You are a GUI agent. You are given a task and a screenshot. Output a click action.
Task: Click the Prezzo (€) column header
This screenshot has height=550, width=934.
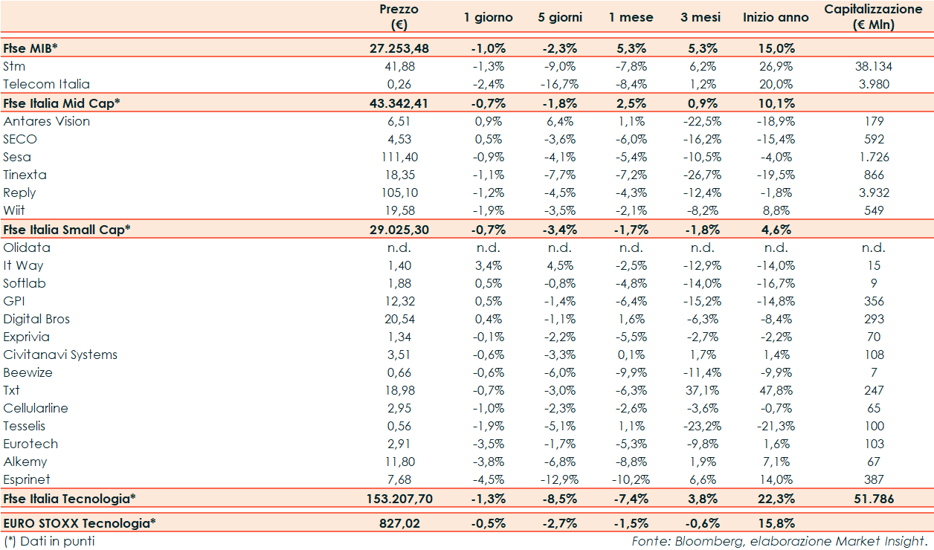pyautogui.click(x=399, y=17)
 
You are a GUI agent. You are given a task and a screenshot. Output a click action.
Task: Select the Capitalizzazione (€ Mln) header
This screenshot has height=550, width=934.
pyautogui.click(x=873, y=17)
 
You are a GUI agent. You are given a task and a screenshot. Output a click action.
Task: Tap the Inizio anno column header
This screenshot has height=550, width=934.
pyautogui.click(x=776, y=17)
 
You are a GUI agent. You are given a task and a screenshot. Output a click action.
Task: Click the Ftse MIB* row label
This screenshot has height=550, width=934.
pyautogui.click(x=30, y=48)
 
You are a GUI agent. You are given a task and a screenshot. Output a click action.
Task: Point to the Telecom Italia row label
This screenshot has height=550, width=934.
pyautogui.click(x=46, y=84)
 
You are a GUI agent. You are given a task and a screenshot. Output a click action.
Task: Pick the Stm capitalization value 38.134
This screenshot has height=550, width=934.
pyautogui.click(x=873, y=66)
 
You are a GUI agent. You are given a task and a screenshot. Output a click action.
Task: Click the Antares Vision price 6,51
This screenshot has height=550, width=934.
pyautogui.click(x=399, y=121)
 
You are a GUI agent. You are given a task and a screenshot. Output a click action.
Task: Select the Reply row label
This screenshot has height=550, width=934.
pyautogui.click(x=19, y=192)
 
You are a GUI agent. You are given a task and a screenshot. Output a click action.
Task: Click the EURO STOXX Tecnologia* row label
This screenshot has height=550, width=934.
pyautogui.click(x=80, y=523)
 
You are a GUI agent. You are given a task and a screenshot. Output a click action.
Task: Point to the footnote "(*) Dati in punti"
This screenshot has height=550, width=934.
pyautogui.click(x=49, y=541)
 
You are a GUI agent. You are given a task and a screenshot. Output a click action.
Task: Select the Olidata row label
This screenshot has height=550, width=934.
pyautogui.click(x=27, y=247)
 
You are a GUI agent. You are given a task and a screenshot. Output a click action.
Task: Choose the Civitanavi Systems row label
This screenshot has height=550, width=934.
pyautogui.click(x=60, y=355)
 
